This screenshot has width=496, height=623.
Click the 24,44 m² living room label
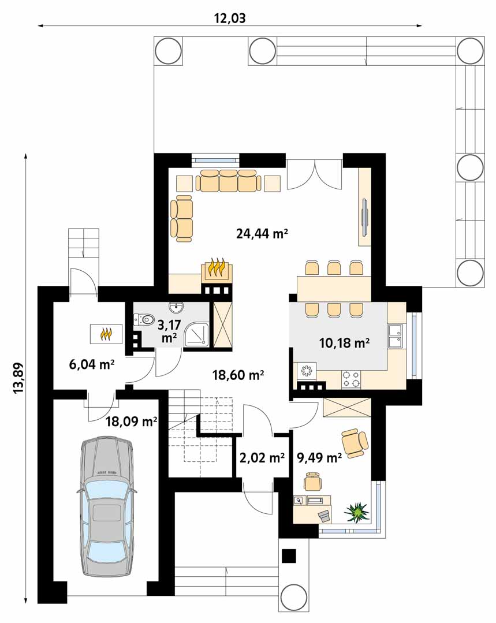click(262, 233)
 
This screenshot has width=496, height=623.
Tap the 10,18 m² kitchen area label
click(345, 342)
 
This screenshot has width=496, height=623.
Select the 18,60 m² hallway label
click(238, 374)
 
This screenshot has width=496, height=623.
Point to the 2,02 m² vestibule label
click(262, 458)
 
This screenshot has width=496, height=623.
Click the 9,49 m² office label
click(319, 458)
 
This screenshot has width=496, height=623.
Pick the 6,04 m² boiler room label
click(92, 364)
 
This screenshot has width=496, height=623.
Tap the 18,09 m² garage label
click(131, 421)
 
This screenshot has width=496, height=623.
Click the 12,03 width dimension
click(230, 18)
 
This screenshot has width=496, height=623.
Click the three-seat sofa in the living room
click(229, 181)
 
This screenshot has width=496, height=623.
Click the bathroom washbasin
click(175, 307)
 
